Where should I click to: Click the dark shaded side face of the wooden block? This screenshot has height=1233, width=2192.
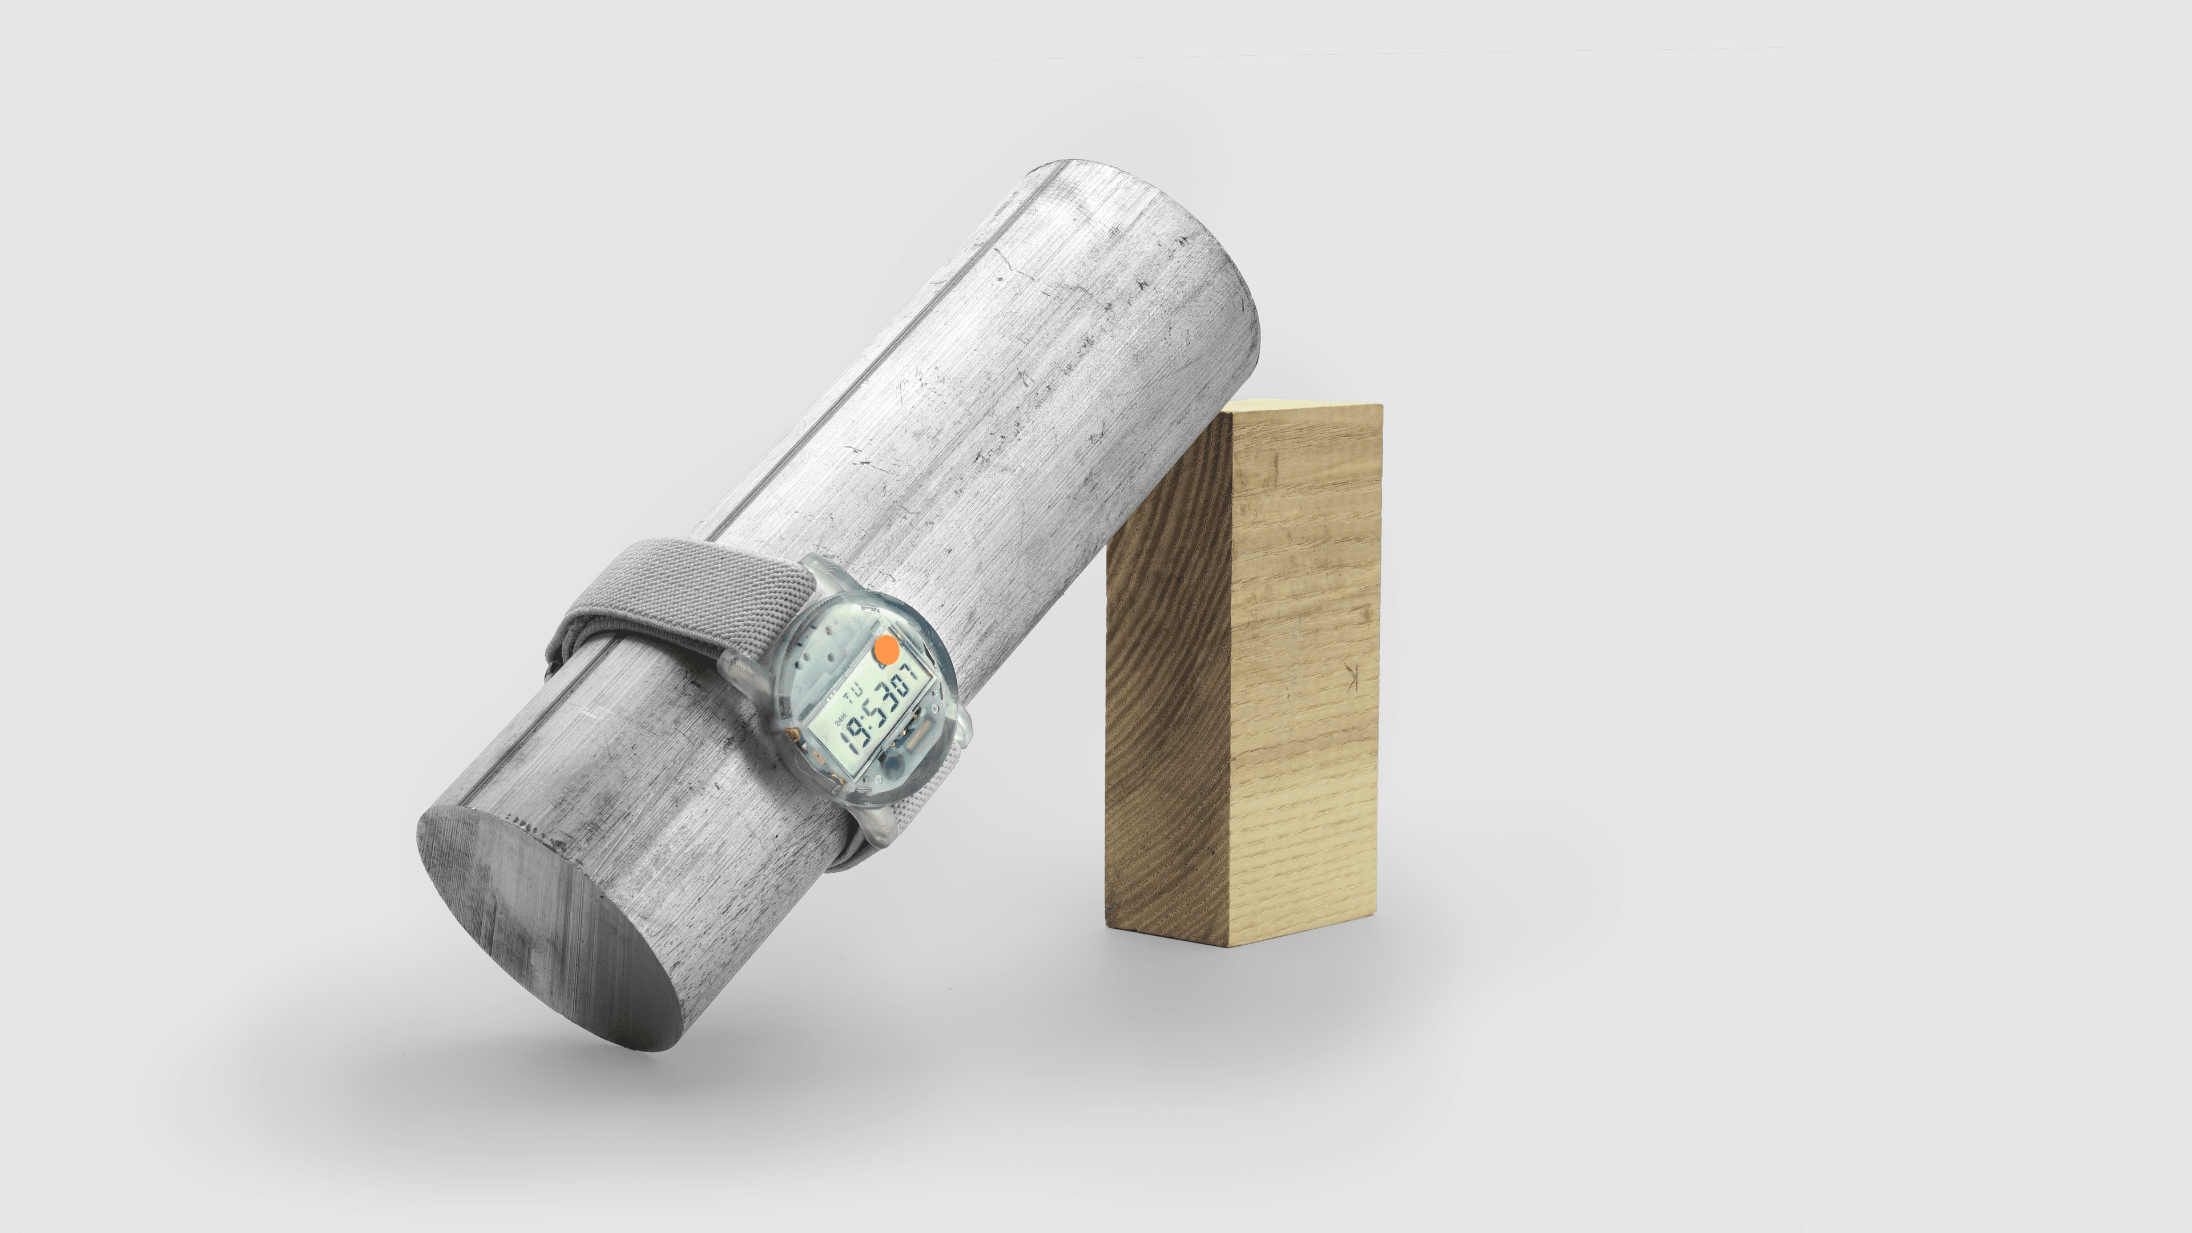point(1167,723)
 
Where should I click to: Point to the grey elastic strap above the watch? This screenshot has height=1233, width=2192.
point(681,587)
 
